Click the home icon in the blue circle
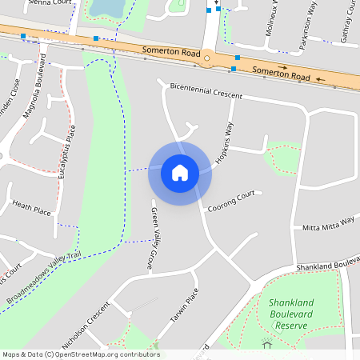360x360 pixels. [x=180, y=172]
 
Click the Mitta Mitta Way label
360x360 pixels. [x=328, y=224]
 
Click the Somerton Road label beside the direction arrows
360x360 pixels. [x=281, y=74]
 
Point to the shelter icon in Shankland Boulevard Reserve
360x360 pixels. [x=267, y=344]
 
